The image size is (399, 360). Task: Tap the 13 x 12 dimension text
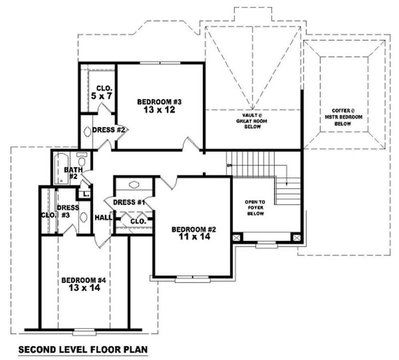160,110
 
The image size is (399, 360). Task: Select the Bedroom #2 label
194,229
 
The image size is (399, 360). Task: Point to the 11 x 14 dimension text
194,238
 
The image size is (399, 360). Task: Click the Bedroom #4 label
84,280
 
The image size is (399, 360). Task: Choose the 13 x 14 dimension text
84,289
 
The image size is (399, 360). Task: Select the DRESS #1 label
129,202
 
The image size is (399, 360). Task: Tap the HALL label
103,217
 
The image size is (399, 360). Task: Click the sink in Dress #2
88,132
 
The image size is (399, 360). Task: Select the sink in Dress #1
134,185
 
